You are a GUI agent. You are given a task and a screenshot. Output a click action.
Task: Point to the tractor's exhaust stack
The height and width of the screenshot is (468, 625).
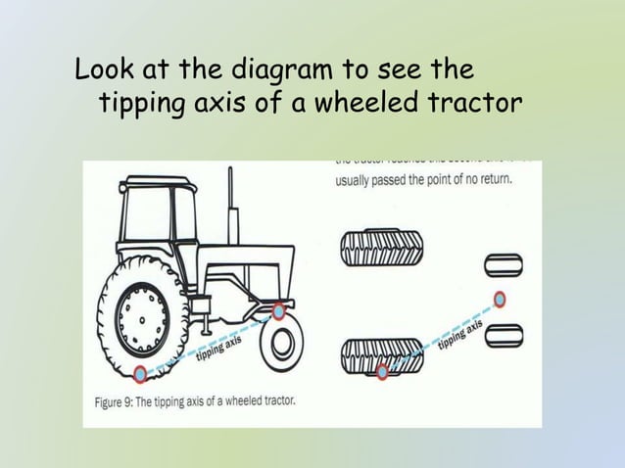tap(231, 206)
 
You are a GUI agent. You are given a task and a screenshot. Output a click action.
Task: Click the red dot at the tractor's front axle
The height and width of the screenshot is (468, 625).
tap(279, 311)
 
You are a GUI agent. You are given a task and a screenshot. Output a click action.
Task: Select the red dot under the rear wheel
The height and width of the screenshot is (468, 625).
tap(141, 373)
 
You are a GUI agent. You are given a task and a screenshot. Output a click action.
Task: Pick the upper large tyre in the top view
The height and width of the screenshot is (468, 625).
tap(382, 248)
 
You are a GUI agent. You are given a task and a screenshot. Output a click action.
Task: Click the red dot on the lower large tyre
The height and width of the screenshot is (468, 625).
tap(383, 370)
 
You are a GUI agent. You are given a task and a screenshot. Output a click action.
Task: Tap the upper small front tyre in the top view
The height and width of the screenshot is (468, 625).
tap(505, 264)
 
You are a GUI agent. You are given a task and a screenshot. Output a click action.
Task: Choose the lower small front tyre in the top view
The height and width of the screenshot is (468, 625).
tap(505, 334)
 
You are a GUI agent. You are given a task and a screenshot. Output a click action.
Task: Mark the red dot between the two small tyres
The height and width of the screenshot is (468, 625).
tap(501, 298)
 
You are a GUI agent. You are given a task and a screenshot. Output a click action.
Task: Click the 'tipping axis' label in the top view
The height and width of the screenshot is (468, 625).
tap(459, 335)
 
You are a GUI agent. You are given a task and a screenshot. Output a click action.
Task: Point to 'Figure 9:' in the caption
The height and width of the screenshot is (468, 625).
tap(116, 400)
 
